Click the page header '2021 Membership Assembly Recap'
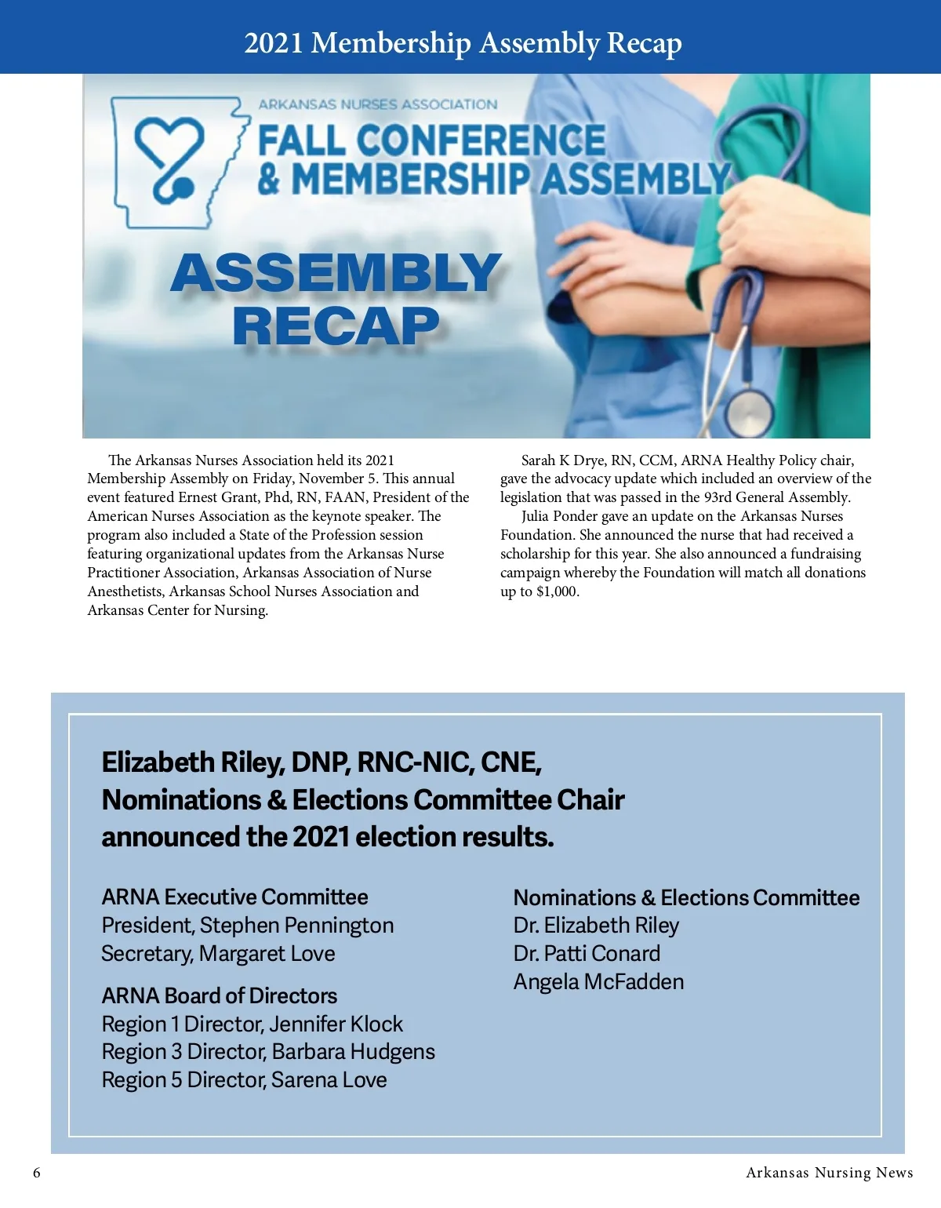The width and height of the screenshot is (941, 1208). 463,42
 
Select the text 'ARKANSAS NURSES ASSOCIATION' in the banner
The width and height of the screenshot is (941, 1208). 377,104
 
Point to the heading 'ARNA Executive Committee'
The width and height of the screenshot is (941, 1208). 234,897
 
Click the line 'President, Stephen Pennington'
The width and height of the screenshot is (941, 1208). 247,926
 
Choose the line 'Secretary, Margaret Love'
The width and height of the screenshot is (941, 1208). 218,954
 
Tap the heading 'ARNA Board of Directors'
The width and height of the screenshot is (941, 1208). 219,995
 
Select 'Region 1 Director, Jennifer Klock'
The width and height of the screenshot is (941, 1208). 252,1024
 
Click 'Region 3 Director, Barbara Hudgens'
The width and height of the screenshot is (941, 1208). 268,1052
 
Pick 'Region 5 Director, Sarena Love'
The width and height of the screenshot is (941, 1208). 244,1080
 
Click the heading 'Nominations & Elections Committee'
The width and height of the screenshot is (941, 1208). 686,897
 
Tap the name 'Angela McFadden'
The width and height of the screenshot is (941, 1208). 598,982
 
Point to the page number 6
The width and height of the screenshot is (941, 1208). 37,1173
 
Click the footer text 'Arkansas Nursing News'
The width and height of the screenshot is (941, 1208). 829,1173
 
